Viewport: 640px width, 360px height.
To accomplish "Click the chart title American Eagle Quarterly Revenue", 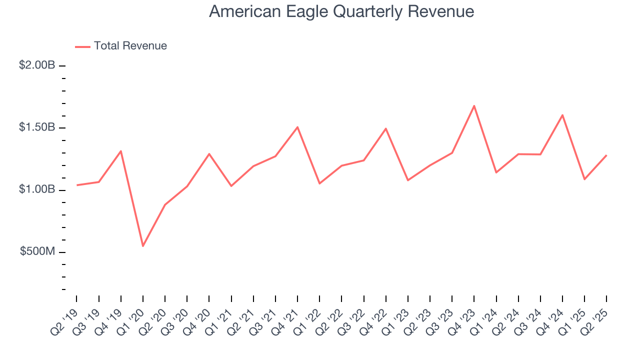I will coord(341,11).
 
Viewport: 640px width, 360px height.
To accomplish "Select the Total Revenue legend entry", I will coord(121,46).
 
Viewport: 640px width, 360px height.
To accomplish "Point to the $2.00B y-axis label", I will coord(37,65).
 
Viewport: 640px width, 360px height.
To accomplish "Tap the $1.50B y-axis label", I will coord(37,127).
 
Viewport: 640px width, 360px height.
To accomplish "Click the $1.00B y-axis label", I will coord(37,189).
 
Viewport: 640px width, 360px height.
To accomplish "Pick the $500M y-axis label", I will coord(37,251).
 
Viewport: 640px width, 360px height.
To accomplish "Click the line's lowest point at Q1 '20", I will coord(143,246).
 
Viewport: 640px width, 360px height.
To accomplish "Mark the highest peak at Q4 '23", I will coord(474,105).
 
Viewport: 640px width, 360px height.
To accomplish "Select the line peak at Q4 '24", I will coord(562,115).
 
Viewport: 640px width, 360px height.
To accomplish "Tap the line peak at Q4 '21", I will coord(297,127).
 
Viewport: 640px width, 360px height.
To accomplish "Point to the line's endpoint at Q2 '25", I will coord(606,155).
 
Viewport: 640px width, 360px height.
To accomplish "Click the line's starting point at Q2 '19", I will coord(76,185).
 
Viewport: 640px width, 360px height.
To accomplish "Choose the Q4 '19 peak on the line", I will coord(121,151).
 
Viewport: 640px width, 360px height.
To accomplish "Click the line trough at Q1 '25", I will coord(584,179).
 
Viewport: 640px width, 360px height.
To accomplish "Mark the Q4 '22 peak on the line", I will coord(386,128).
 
